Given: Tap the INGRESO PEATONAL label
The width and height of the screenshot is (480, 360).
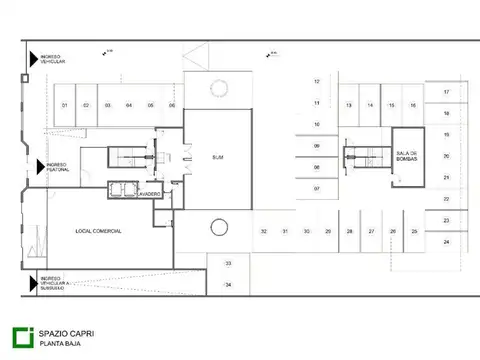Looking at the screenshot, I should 55,167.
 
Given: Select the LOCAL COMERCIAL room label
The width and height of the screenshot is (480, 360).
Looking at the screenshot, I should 98,231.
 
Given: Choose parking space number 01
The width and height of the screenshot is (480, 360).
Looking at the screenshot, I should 64,105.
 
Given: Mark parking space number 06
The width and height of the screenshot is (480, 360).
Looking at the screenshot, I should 172,105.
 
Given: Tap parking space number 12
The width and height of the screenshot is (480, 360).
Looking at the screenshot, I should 316,81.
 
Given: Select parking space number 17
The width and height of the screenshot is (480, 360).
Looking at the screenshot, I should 446,92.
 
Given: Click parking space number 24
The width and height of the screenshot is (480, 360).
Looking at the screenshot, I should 446,242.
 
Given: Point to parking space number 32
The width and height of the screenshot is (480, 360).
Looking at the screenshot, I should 263,231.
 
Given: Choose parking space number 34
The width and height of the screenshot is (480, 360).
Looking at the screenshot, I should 228,285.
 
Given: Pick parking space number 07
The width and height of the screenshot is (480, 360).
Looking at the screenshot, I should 316,188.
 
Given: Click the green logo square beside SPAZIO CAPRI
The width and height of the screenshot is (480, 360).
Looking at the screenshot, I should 20,337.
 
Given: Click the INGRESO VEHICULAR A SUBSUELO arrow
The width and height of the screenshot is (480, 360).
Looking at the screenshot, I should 33,281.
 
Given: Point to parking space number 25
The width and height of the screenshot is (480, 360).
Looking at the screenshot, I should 414,231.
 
